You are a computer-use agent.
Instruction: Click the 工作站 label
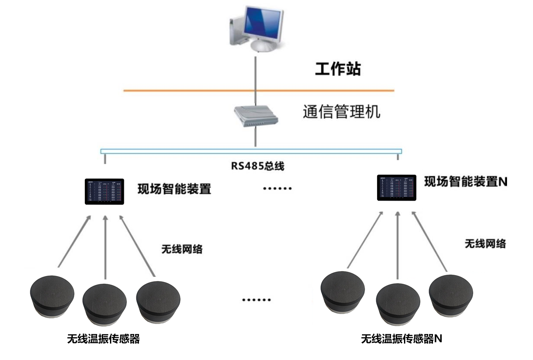(337, 69)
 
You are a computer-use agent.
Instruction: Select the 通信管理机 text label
(341, 112)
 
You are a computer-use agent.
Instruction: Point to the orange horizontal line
(195, 91)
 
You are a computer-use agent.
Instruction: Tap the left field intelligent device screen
(104, 191)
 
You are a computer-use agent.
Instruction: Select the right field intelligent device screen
(397, 188)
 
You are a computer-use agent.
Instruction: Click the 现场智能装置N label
(465, 182)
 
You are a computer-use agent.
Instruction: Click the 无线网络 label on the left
(182, 249)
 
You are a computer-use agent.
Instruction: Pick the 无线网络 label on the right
(485, 243)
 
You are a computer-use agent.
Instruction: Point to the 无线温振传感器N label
(401, 339)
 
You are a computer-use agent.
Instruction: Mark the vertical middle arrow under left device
(105, 247)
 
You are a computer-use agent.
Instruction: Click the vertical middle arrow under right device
(397, 243)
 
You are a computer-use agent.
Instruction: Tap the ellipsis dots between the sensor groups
(256, 300)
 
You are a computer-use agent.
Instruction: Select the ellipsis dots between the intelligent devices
(278, 188)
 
